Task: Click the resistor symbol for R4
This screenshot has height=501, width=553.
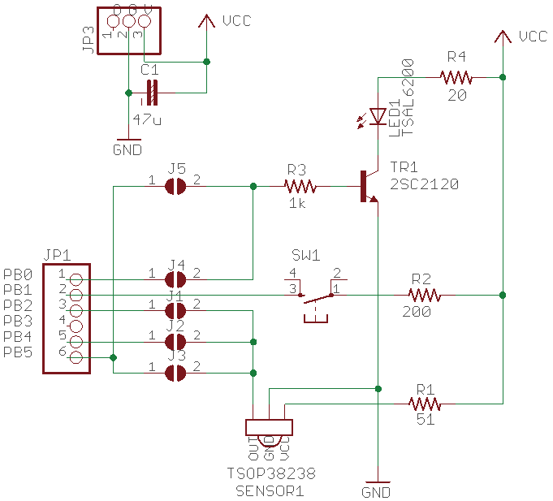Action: coord(456,77)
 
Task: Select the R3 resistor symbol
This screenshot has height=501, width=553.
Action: coord(298,186)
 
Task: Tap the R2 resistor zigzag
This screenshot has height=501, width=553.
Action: coord(423,295)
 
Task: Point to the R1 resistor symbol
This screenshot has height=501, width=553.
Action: coord(423,404)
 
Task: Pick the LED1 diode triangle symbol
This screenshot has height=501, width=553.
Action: coord(377,117)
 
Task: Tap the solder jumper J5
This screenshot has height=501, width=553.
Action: coord(175,187)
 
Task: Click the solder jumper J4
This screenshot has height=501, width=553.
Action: coord(175,279)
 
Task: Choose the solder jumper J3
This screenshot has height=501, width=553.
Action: coord(175,373)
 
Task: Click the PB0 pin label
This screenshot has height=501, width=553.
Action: coord(17,274)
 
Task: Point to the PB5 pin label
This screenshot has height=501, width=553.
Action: coord(17,352)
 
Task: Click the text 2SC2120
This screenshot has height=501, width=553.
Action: coord(424,184)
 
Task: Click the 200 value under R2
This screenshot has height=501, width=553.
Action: coord(417,312)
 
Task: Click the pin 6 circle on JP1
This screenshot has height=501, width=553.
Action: coord(76,357)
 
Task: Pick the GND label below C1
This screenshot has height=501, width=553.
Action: coord(127,150)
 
